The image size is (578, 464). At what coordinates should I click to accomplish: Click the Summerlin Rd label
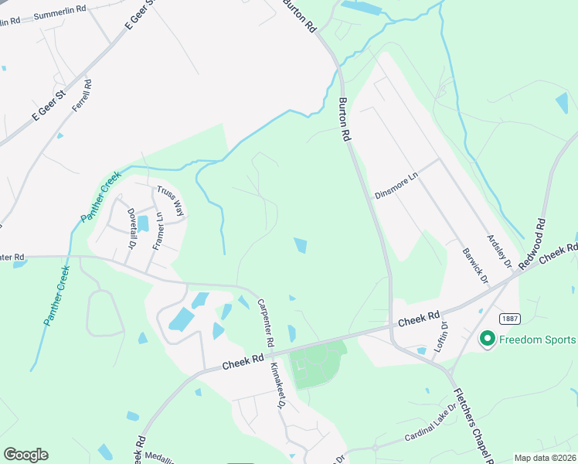pyautogui.click(x=59, y=15)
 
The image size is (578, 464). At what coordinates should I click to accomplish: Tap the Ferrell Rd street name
pyautogui.click(x=82, y=97)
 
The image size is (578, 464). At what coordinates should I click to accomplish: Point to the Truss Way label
pyautogui.click(x=170, y=200)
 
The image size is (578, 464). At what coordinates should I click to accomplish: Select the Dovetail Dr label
pyautogui.click(x=131, y=227)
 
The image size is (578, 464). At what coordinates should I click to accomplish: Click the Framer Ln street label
pyautogui.click(x=158, y=230)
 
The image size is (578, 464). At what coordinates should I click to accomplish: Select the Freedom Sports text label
pyautogui.click(x=538, y=339)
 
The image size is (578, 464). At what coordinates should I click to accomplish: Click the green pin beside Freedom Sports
pyautogui.click(x=488, y=339)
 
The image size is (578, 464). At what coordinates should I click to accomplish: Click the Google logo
pyautogui.click(x=25, y=455)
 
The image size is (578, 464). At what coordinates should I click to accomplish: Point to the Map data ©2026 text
pyautogui.click(x=546, y=458)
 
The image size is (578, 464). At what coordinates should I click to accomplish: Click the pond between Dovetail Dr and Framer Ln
pyautogui.click(x=143, y=223)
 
